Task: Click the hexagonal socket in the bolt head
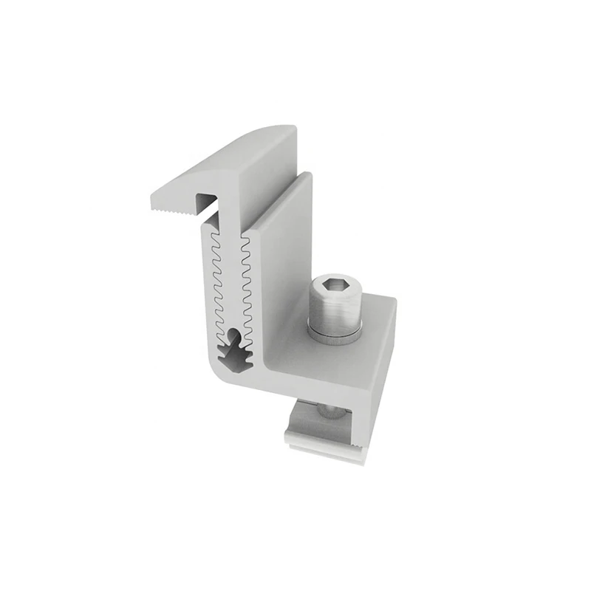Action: click(334, 286)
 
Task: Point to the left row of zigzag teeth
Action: click(216, 281)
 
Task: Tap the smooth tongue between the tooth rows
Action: click(231, 281)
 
